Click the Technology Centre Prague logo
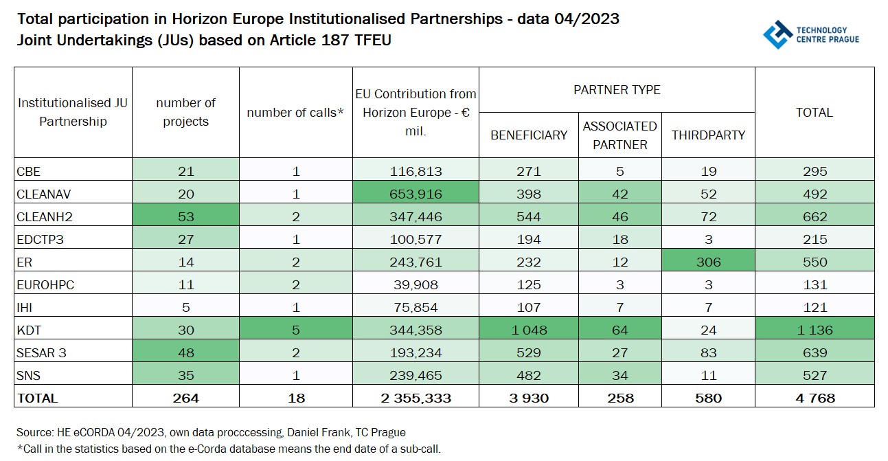pyautogui.click(x=810, y=34)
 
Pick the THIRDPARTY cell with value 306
pyautogui.click(x=707, y=262)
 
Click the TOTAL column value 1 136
pyautogui.click(x=814, y=330)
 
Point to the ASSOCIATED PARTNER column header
pyautogui.click(x=619, y=135)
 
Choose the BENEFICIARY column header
pyautogui.click(x=529, y=135)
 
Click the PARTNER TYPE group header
pyautogui.click(x=616, y=90)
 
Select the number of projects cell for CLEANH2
pyautogui.click(x=185, y=216)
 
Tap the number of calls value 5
pyautogui.click(x=295, y=330)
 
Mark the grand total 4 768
pyautogui.click(x=814, y=398)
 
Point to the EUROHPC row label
pyautogui.click(x=45, y=284)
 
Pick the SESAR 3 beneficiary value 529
pyautogui.click(x=529, y=352)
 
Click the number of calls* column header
pyautogui.click(x=295, y=113)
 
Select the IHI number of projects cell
pyautogui.click(x=185, y=307)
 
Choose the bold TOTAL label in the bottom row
pyautogui.click(x=38, y=398)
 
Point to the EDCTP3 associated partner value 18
pyautogui.click(x=619, y=239)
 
